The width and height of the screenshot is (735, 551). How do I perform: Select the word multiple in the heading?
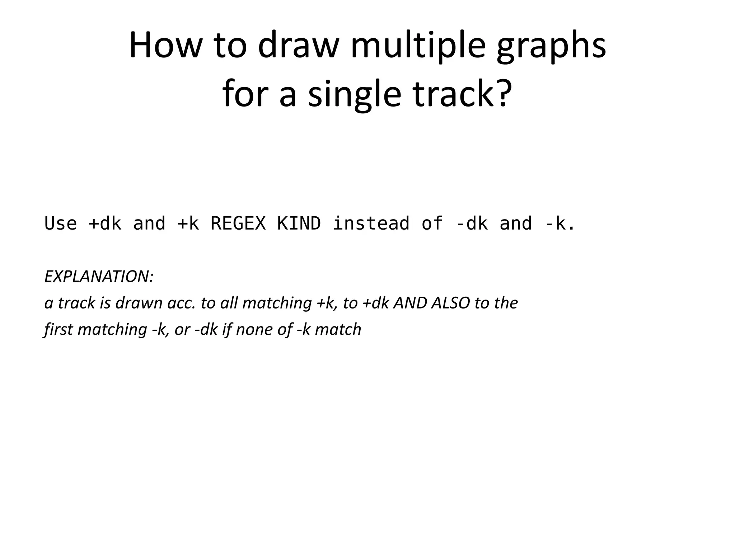click(418, 46)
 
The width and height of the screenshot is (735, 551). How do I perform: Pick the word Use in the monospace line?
click(61, 223)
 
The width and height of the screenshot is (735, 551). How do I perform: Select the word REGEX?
click(238, 223)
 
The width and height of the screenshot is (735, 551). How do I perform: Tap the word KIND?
click(299, 223)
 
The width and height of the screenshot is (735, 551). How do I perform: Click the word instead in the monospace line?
click(371, 223)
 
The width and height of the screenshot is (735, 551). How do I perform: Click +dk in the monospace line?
click(105, 223)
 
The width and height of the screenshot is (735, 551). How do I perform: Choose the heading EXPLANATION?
click(99, 276)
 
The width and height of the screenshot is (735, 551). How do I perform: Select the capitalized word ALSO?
click(450, 303)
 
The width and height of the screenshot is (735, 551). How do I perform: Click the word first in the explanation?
click(58, 329)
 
